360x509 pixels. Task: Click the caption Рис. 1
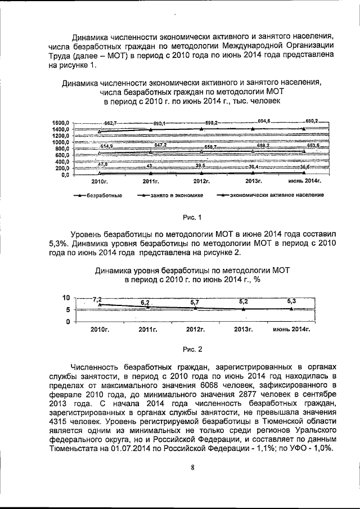tap(192, 218)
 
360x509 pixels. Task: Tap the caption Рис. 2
tap(192, 349)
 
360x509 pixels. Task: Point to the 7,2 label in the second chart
tap(97, 299)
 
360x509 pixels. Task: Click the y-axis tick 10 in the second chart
tap(65, 298)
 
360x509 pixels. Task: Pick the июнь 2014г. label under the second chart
tap(291, 330)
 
